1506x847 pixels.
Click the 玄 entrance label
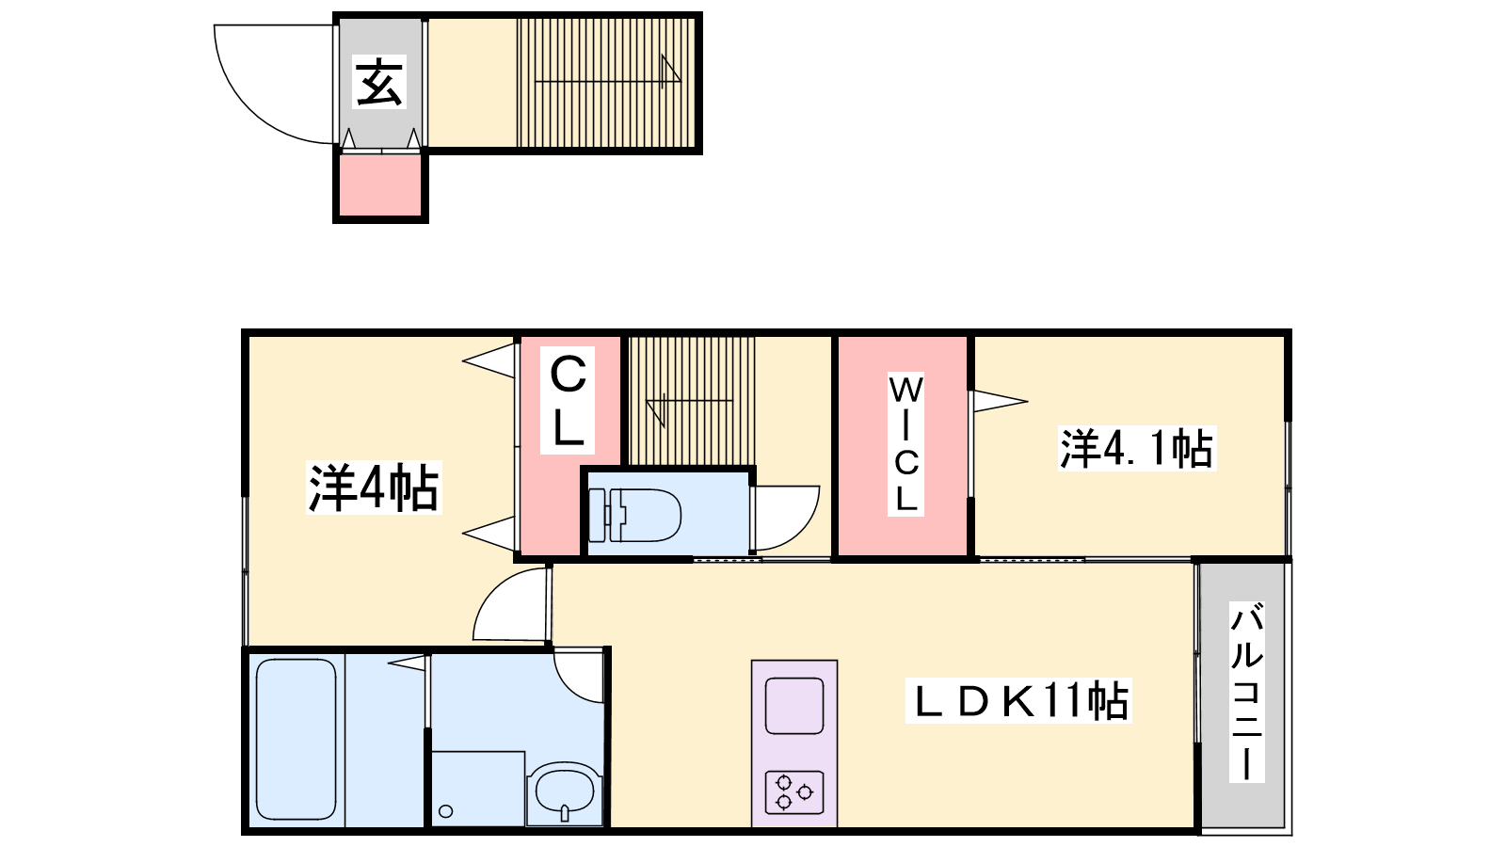[380, 82]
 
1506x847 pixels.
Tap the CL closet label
[569, 401]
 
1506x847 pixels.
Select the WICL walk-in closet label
[905, 444]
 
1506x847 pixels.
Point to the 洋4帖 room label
[374, 488]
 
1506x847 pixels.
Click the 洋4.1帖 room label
[1137, 448]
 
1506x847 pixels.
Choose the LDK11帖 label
[1019, 701]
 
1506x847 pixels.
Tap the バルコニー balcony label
[1247, 692]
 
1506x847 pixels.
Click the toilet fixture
[634, 515]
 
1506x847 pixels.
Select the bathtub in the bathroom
[296, 739]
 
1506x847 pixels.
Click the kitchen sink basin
[794, 706]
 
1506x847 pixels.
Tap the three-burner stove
[794, 791]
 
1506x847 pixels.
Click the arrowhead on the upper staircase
[671, 71]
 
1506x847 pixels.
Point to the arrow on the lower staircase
[689, 402]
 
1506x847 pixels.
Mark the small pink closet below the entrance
[380, 186]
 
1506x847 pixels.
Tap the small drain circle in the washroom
[446, 811]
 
